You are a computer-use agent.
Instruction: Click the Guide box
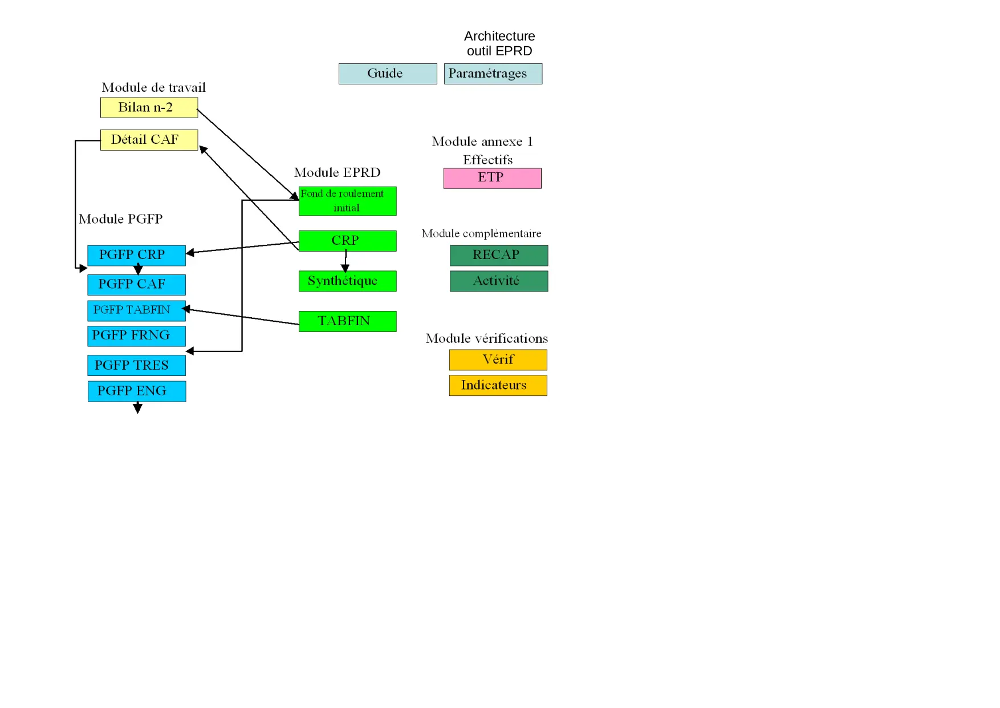pyautogui.click(x=388, y=74)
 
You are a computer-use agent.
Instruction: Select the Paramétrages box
pyautogui.click(x=493, y=74)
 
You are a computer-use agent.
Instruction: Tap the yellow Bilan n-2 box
pyautogui.click(x=149, y=107)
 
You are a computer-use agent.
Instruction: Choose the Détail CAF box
pyautogui.click(x=149, y=140)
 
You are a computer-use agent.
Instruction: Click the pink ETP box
pyautogui.click(x=492, y=178)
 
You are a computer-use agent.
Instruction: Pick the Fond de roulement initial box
pyautogui.click(x=347, y=201)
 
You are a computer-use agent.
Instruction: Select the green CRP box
pyautogui.click(x=347, y=241)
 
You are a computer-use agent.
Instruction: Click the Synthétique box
pyautogui.click(x=347, y=281)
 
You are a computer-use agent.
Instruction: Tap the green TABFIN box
pyautogui.click(x=347, y=321)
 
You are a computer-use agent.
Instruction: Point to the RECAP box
pyautogui.click(x=499, y=255)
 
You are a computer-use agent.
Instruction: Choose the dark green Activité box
pyautogui.click(x=499, y=281)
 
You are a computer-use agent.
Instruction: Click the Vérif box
pyautogui.click(x=498, y=360)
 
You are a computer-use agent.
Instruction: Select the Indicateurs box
pyautogui.click(x=498, y=385)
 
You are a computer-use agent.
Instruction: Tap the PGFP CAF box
pyautogui.click(x=136, y=285)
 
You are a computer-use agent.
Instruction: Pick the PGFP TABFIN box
pyautogui.click(x=136, y=310)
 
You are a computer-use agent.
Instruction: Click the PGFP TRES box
pyautogui.click(x=136, y=365)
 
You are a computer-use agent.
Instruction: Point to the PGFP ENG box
pyautogui.click(x=136, y=391)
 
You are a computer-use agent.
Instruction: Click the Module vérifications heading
pyautogui.click(x=486, y=338)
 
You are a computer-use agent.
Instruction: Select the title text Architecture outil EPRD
pyautogui.click(x=499, y=43)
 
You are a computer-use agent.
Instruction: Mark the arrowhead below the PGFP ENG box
pyautogui.click(x=137, y=408)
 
